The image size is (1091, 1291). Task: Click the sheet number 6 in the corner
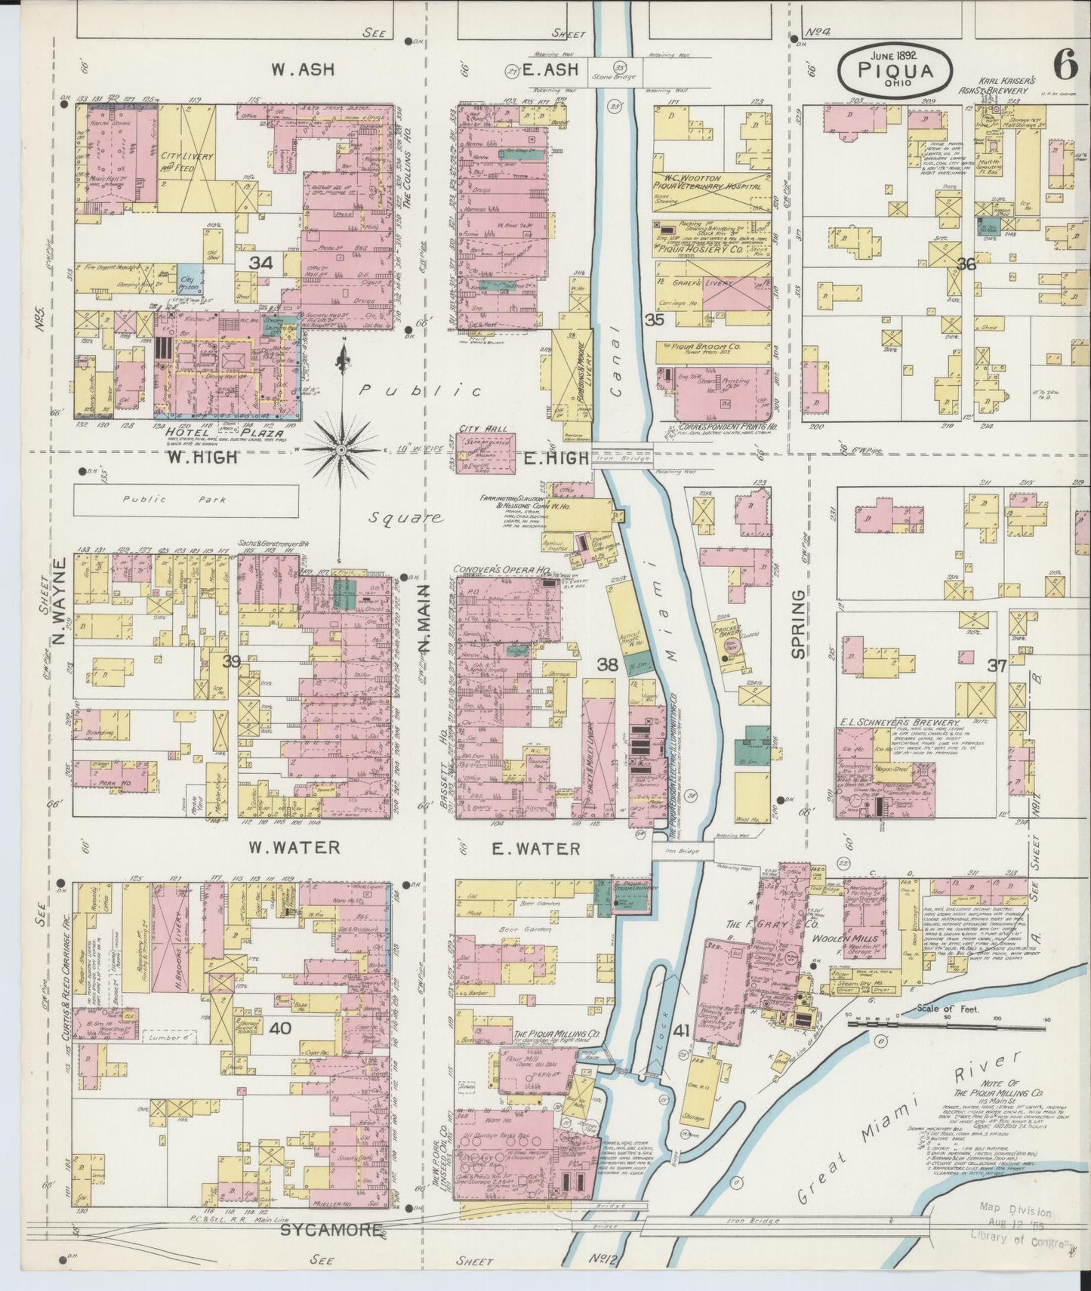coord(1065,66)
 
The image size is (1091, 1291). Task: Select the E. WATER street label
coord(535,849)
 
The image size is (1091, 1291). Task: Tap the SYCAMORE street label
coord(331,1230)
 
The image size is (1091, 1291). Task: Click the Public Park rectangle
coord(186,500)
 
